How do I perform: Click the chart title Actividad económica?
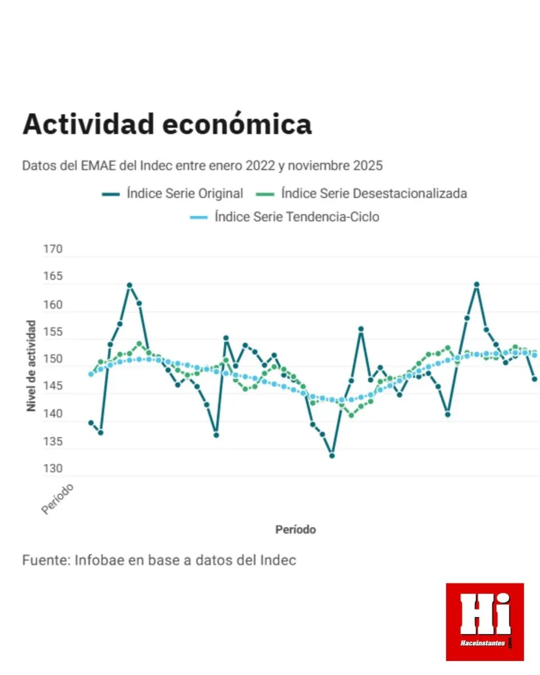166,124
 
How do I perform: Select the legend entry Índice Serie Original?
184,193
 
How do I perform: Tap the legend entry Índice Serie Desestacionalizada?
374,193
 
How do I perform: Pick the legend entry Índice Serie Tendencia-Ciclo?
296,217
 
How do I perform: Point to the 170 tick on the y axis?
53,250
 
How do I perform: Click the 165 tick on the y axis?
53,277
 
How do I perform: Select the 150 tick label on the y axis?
53,359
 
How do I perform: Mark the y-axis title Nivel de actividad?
31,366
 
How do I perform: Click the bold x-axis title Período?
295,529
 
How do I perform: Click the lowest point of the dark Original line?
332,456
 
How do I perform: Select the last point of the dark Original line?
534,379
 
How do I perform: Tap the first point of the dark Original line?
91,422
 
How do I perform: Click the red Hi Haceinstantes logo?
484,622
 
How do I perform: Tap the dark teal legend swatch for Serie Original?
110,194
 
